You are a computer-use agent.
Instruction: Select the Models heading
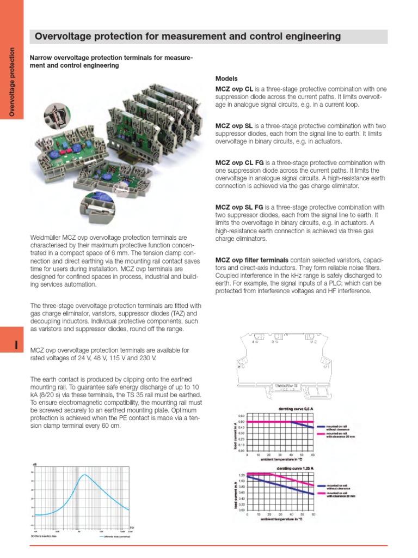click(x=226, y=78)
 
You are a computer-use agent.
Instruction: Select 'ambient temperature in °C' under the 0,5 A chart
click(x=280, y=459)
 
